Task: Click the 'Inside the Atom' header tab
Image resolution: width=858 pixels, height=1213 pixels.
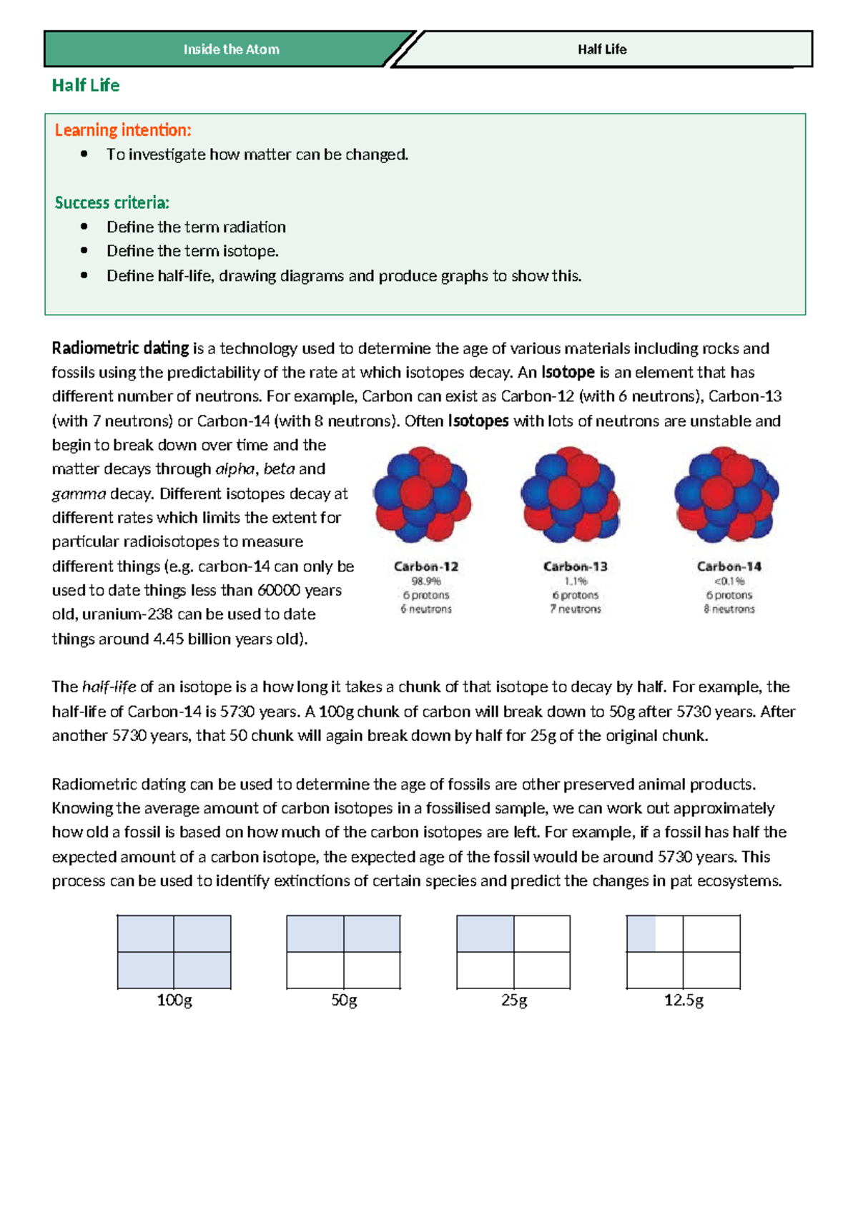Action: (x=231, y=49)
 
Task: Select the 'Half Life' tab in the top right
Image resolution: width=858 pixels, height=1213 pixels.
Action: (x=602, y=49)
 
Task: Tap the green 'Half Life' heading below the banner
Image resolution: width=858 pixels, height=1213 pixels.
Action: (x=85, y=85)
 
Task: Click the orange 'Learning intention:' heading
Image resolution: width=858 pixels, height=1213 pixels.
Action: (x=123, y=130)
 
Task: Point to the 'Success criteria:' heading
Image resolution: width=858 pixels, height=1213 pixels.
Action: (x=112, y=202)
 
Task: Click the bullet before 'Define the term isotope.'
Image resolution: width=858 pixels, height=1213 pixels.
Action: (x=84, y=251)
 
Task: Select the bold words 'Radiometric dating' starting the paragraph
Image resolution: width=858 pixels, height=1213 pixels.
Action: (x=120, y=348)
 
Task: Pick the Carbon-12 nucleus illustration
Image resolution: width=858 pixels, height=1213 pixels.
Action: (x=422, y=494)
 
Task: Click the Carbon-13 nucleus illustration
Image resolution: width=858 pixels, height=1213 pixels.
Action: (x=570, y=494)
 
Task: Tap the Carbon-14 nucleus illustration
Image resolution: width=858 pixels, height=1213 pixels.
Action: (x=726, y=494)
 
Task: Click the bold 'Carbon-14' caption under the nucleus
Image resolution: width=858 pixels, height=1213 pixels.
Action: (x=729, y=566)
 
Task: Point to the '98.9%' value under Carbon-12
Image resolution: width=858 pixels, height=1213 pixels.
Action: (x=425, y=581)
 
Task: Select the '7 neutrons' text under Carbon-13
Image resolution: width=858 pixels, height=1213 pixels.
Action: (x=575, y=609)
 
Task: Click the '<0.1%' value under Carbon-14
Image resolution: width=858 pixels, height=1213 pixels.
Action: (x=729, y=581)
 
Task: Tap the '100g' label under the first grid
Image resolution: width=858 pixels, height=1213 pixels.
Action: (x=174, y=1000)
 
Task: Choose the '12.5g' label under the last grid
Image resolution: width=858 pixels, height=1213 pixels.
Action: (x=684, y=1000)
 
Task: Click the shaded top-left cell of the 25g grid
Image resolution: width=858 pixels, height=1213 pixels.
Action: (x=485, y=934)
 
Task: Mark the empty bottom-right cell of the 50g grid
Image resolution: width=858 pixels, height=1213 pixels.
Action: (x=372, y=971)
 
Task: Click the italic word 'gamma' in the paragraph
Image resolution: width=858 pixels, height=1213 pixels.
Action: (x=79, y=493)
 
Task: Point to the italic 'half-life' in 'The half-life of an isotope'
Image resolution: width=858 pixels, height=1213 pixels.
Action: (x=109, y=687)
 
